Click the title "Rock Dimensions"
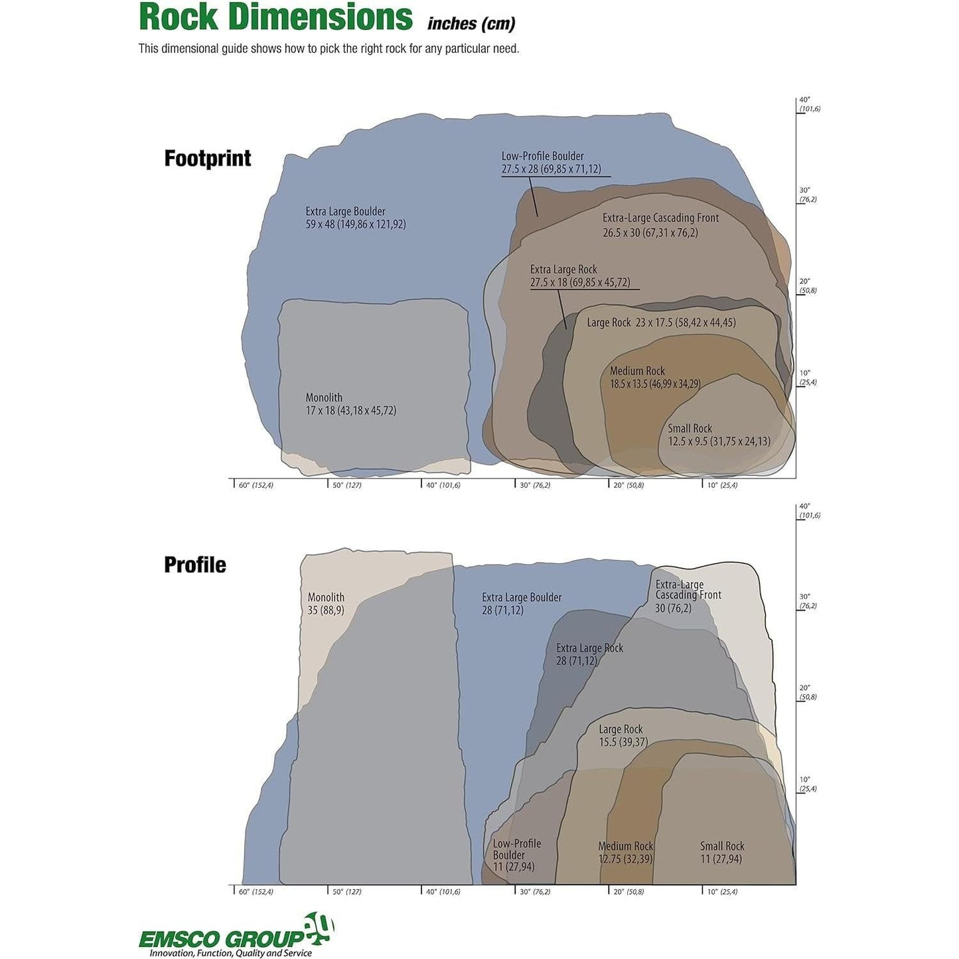click(x=275, y=17)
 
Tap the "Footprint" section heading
click(x=208, y=159)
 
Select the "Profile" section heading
click(x=195, y=565)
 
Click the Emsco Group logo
click(x=236, y=936)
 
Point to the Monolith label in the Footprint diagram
click(x=350, y=404)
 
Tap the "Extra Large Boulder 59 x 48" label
click(x=355, y=218)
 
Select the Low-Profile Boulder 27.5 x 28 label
click(x=551, y=163)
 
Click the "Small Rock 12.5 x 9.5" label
click(x=719, y=435)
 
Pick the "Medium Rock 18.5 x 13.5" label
click(x=655, y=378)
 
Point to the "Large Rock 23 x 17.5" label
click(x=661, y=323)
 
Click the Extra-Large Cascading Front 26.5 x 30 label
click(x=660, y=225)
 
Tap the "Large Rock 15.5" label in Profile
click(x=623, y=735)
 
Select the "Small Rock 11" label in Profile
click(x=722, y=852)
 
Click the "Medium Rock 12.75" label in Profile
click(x=625, y=852)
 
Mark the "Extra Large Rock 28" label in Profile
click(x=589, y=654)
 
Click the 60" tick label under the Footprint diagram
click(x=255, y=485)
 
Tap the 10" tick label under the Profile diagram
click(x=721, y=891)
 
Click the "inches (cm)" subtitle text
click(x=471, y=24)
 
